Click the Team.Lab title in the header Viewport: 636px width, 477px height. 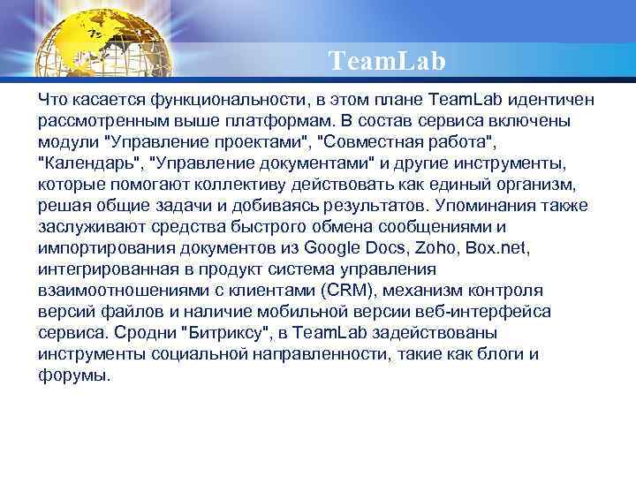(x=387, y=61)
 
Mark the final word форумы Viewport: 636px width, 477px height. (x=75, y=375)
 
